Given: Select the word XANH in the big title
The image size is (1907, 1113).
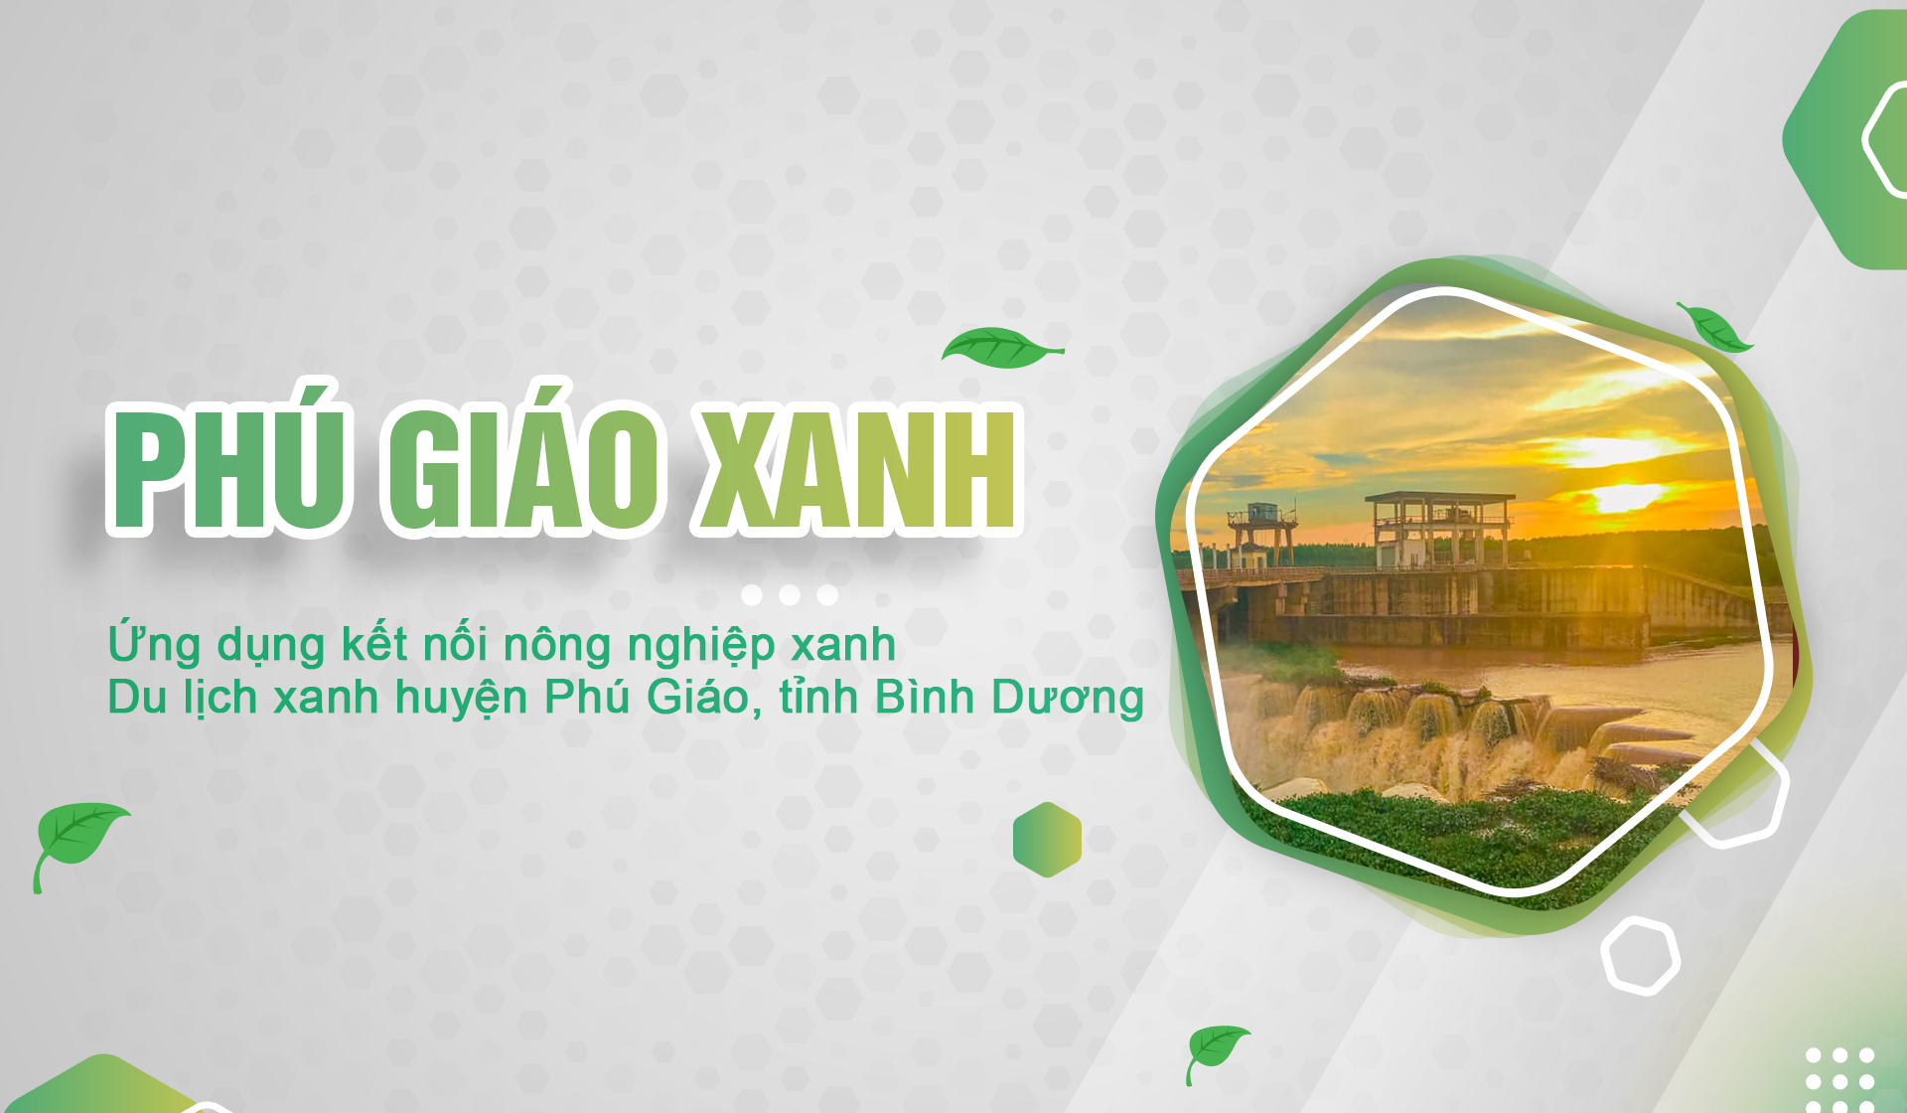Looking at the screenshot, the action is click(858, 465).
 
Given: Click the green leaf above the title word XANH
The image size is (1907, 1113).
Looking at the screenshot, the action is click(1001, 348).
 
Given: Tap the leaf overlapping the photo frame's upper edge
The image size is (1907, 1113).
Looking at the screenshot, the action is click(1715, 328).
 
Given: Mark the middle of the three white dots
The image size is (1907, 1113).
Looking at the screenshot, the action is click(790, 595).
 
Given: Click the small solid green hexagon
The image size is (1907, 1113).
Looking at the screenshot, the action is click(1047, 840).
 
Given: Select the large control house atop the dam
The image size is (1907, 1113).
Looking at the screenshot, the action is click(1439, 529).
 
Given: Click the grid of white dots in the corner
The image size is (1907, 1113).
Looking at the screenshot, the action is click(1839, 1080).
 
